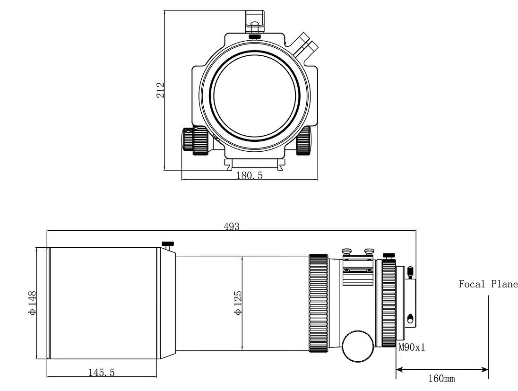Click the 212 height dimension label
pos(160,90)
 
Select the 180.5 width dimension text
pos(250,175)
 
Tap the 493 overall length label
pos(231,226)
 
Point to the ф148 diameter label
pos(32,303)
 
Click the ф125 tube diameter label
pos(238,303)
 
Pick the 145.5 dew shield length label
pos(102,373)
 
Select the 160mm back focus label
pos(441,378)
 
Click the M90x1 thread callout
pos(412,348)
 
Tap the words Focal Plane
pos(488,284)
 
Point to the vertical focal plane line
pos(488,337)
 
